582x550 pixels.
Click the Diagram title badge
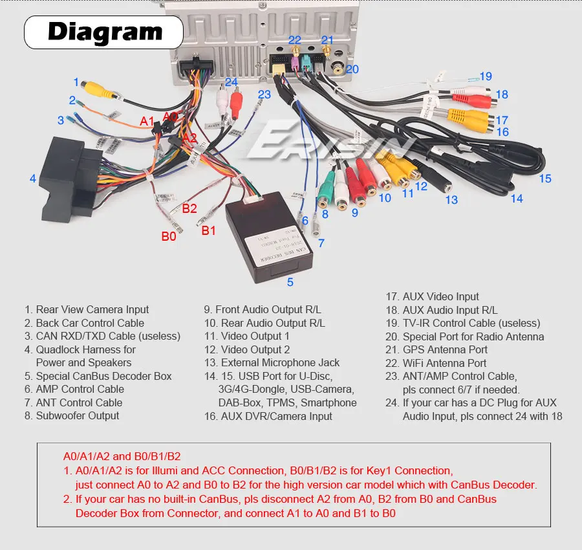104,32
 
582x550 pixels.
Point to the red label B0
168,237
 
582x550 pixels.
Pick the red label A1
147,121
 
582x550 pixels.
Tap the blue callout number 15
545,178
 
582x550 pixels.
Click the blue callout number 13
451,200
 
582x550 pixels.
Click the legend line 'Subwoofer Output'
72,415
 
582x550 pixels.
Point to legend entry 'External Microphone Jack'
272,362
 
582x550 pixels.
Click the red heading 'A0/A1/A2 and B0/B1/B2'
121,457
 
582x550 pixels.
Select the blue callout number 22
295,40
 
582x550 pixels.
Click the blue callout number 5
290,281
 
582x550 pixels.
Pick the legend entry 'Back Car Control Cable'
84,323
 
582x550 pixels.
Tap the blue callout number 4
32,179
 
